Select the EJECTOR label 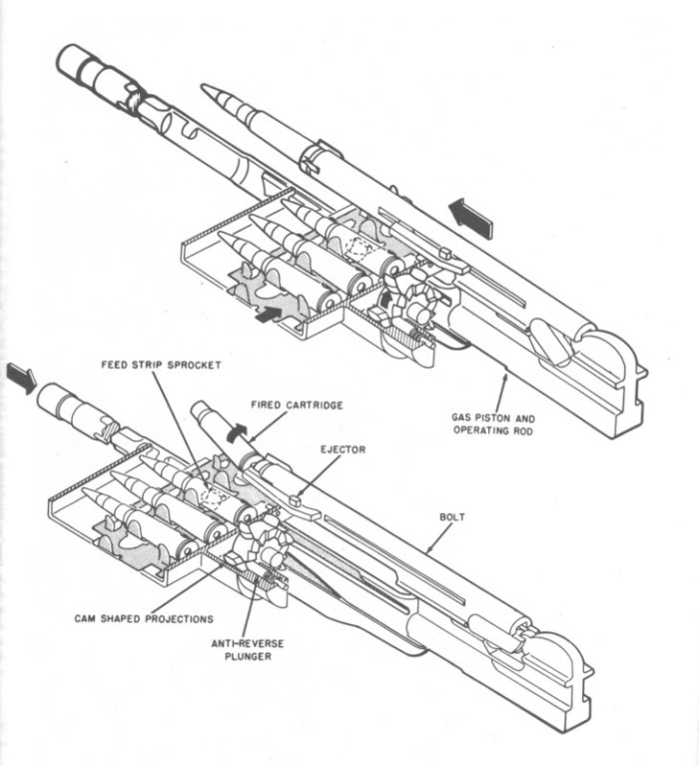pyautogui.click(x=345, y=449)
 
